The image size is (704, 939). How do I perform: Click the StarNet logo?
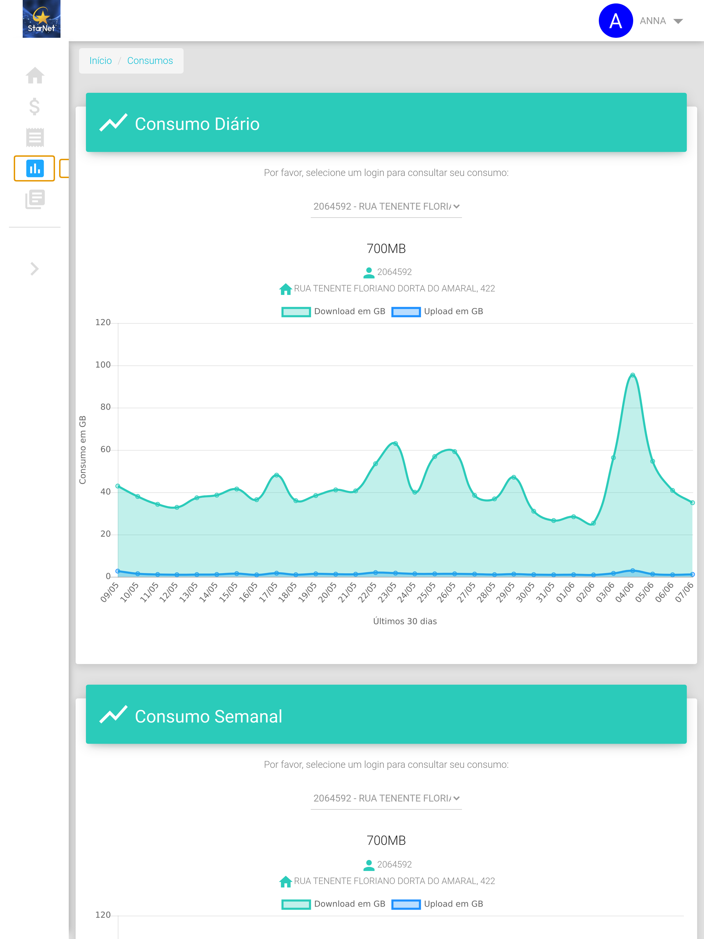tap(41, 19)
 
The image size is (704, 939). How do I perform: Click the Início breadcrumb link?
tap(100, 61)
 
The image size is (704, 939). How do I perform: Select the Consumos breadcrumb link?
tap(150, 61)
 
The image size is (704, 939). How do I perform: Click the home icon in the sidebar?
tap(35, 76)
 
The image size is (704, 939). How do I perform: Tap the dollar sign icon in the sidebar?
tap(35, 106)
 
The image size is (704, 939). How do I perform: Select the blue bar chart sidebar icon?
tap(35, 168)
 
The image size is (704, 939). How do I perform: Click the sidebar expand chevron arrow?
tap(35, 269)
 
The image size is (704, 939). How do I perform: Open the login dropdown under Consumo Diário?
tap(386, 206)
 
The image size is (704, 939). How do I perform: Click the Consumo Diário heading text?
tap(197, 124)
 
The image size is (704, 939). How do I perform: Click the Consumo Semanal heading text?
tap(208, 717)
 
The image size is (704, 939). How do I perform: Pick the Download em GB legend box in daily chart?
tap(296, 312)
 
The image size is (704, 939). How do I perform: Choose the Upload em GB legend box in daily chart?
tap(406, 312)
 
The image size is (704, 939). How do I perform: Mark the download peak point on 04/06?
tap(632, 375)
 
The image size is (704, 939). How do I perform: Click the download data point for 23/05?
tap(395, 444)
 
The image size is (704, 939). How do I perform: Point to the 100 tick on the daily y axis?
tap(103, 365)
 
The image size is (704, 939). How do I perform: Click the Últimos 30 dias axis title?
tap(405, 621)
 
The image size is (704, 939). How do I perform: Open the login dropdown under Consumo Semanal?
tap(386, 798)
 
